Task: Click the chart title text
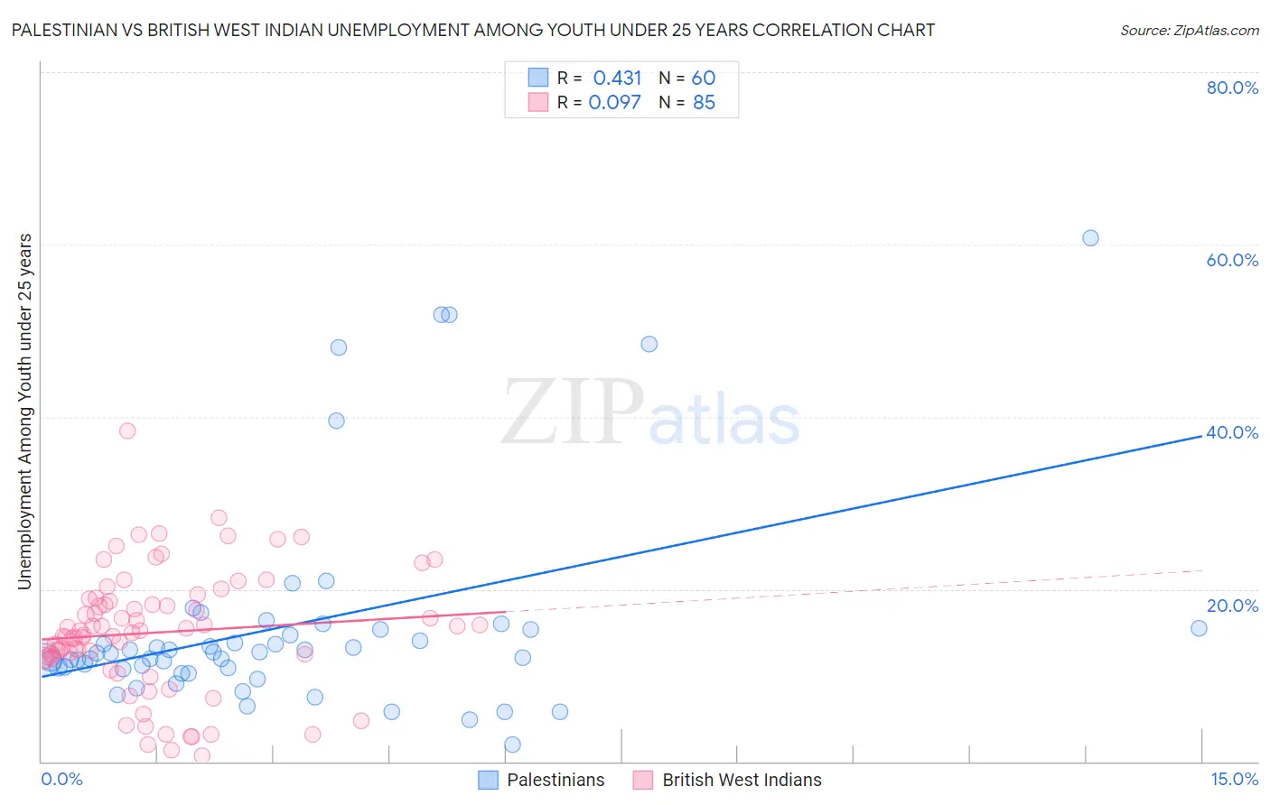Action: pyautogui.click(x=472, y=30)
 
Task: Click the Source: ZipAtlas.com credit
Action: pyautogui.click(x=1189, y=30)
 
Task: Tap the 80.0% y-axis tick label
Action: pyautogui.click(x=1232, y=88)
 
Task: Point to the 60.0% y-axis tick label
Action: pyautogui.click(x=1232, y=260)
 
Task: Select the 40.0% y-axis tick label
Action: pyautogui.click(x=1232, y=432)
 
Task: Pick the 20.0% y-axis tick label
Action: pyautogui.click(x=1232, y=606)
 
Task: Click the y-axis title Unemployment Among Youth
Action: pyautogui.click(x=24, y=412)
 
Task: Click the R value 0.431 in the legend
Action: pyautogui.click(x=617, y=79)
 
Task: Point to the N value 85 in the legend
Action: pyautogui.click(x=704, y=103)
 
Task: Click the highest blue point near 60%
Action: pyautogui.click(x=1090, y=238)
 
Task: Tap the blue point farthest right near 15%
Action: pyautogui.click(x=1199, y=628)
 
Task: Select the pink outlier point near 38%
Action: pyautogui.click(x=127, y=430)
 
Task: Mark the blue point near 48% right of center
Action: pyautogui.click(x=649, y=344)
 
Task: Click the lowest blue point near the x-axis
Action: pyautogui.click(x=512, y=745)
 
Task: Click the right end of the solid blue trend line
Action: pyautogui.click(x=1202, y=435)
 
